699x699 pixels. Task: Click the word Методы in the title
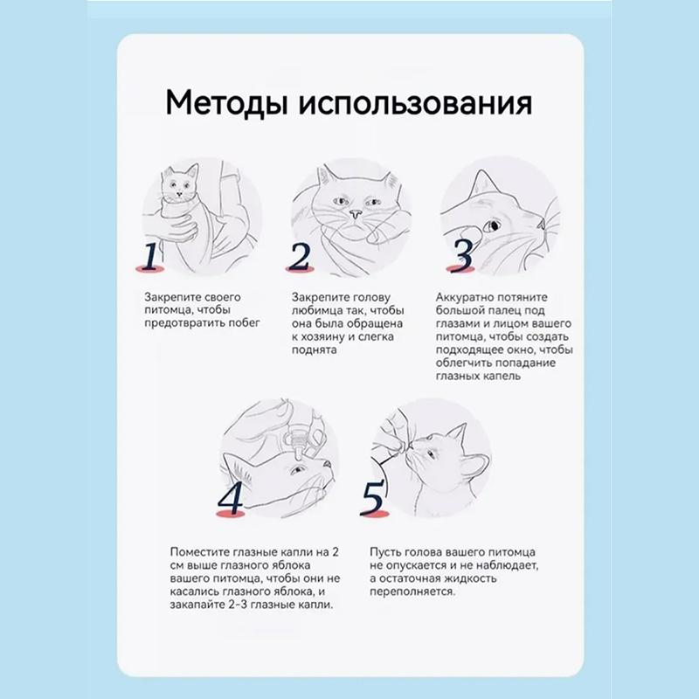point(225,104)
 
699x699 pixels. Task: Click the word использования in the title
point(415,104)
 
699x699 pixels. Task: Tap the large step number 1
point(150,257)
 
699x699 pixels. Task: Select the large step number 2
point(299,257)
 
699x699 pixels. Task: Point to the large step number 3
point(461,256)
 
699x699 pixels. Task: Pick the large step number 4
point(231,498)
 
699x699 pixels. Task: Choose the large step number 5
point(372,498)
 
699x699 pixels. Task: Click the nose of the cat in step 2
point(355,214)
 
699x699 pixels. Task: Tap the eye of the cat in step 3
point(492,226)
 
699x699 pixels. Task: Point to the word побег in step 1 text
point(244,322)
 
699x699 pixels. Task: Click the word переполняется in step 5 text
point(412,592)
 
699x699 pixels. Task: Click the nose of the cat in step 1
point(179,194)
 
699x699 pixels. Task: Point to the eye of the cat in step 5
point(431,454)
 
